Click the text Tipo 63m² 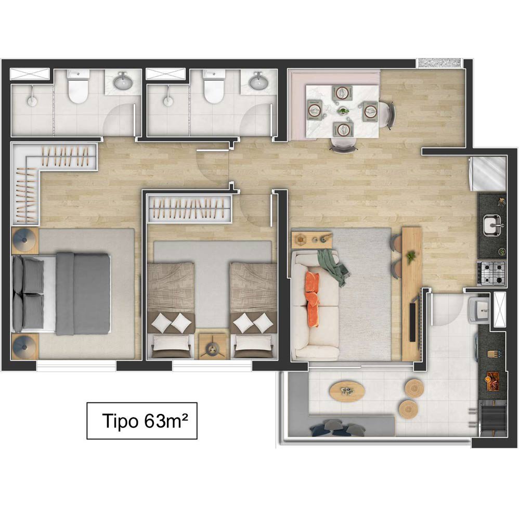(x=145, y=421)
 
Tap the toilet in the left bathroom (x=78, y=86)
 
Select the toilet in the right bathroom (x=213, y=86)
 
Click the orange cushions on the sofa (x=313, y=299)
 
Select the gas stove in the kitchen (x=492, y=274)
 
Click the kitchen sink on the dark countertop (x=493, y=225)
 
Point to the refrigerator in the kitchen (x=488, y=174)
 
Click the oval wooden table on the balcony (x=347, y=391)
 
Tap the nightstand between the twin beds (x=212, y=346)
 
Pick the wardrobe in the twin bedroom (x=190, y=209)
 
